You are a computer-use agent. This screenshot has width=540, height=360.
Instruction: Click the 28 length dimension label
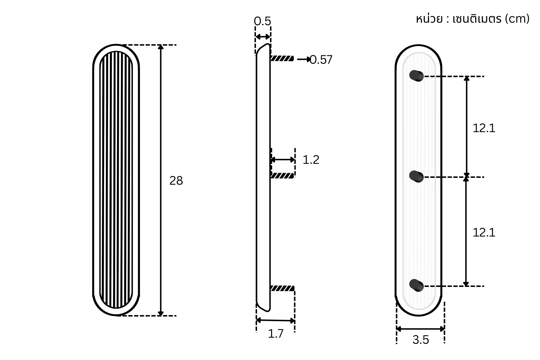(x=176, y=181)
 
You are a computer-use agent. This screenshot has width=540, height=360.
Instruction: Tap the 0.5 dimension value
(x=262, y=21)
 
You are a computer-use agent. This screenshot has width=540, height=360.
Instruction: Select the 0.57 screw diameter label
(x=321, y=59)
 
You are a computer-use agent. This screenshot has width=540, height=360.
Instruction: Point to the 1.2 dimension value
(x=311, y=159)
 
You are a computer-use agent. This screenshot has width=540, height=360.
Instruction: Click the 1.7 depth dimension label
(x=275, y=334)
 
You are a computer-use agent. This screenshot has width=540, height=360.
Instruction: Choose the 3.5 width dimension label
(x=421, y=340)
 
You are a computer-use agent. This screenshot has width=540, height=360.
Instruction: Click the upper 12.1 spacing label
(x=484, y=128)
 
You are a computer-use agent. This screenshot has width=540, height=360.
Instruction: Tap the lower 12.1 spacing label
(x=484, y=233)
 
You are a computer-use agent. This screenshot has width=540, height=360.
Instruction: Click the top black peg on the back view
(x=416, y=76)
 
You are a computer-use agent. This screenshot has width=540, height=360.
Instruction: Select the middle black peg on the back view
(x=416, y=176)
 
